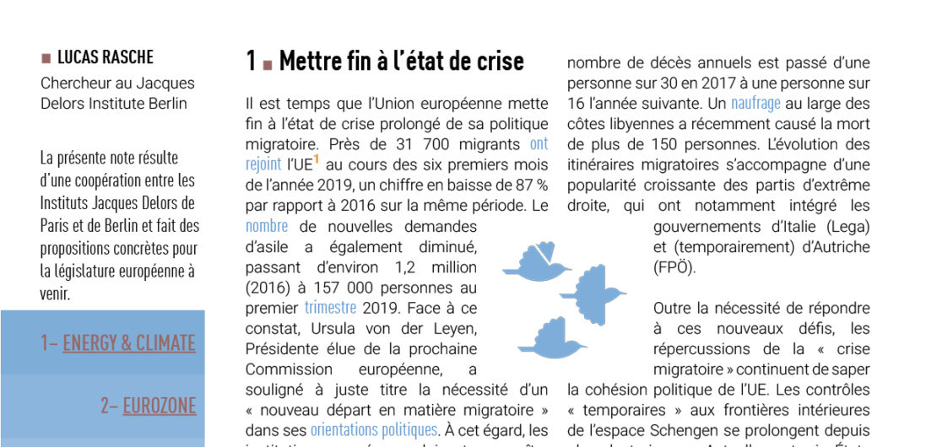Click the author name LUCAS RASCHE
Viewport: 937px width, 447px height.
click(106, 58)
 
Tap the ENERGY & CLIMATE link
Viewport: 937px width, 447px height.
click(128, 343)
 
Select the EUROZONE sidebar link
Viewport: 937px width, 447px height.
click(159, 406)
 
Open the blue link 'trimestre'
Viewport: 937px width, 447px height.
click(330, 308)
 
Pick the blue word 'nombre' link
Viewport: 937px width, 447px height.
click(267, 226)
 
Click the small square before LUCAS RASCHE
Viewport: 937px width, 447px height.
click(46, 58)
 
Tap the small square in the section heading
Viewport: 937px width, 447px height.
click(267, 63)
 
